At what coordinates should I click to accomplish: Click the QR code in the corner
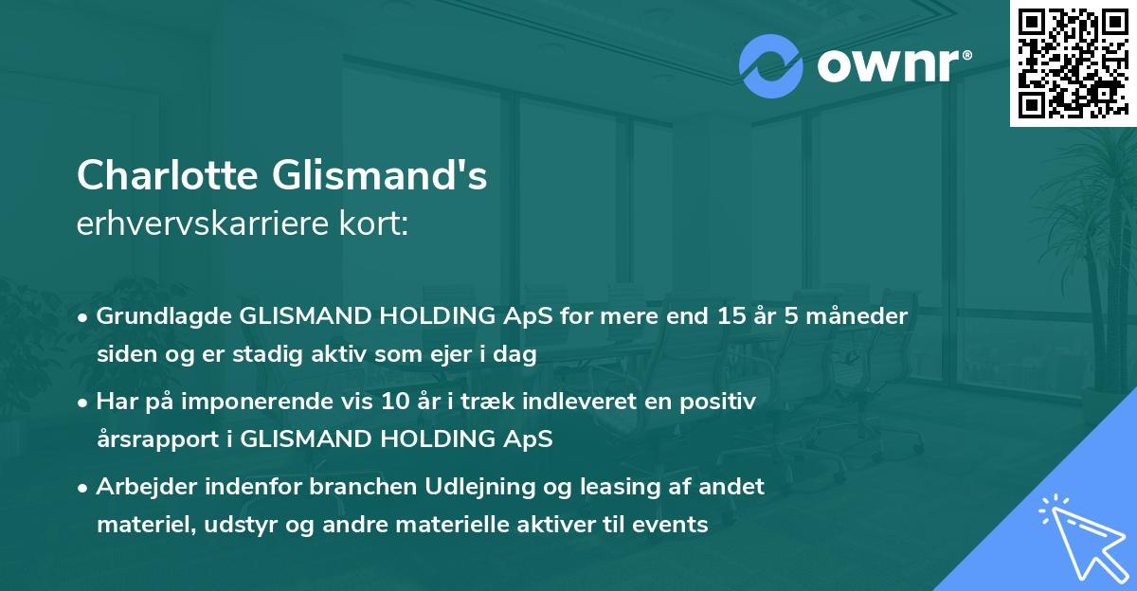tap(1073, 63)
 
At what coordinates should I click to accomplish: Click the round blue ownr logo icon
tap(770, 65)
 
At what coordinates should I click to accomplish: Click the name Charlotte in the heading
tap(167, 176)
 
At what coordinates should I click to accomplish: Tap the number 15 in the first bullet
tap(723, 316)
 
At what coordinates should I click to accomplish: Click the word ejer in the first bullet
tap(418, 355)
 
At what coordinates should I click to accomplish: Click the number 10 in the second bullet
tap(391, 403)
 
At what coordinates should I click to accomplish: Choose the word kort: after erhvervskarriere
tap(379, 224)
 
